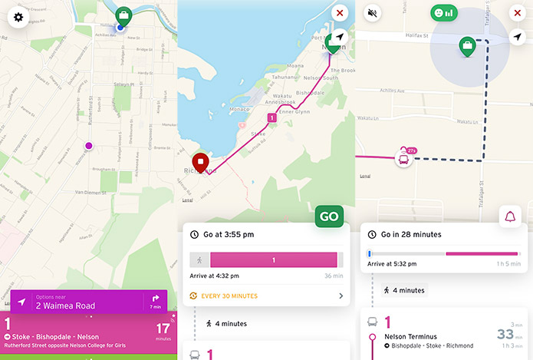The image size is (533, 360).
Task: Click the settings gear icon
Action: tap(18, 17)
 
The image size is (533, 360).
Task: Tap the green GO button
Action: tap(329, 216)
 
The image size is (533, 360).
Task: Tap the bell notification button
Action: tap(510, 217)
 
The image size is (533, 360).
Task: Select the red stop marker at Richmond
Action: tap(200, 163)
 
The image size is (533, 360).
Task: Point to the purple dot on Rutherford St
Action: tap(88, 145)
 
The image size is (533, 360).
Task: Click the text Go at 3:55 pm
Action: tap(229, 234)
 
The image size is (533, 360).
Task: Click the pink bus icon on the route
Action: tap(402, 159)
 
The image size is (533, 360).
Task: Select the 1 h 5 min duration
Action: tap(506, 264)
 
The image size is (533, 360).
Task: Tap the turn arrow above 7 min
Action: tap(155, 298)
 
